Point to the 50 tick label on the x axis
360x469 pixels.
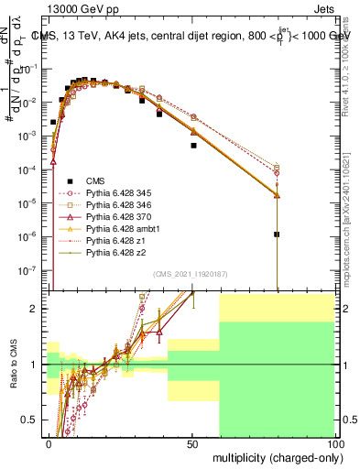[192, 442]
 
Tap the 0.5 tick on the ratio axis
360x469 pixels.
[30, 420]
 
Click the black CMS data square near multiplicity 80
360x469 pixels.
[277, 234]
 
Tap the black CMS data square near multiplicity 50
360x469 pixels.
[193, 145]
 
